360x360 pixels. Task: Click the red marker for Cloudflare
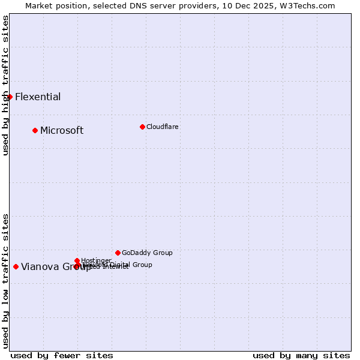tap(142, 127)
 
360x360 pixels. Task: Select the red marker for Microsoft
tap(35, 130)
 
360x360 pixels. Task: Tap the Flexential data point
tap(10, 97)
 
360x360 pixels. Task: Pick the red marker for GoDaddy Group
tap(118, 253)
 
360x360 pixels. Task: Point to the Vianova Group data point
tap(16, 266)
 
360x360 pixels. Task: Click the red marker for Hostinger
tap(77, 260)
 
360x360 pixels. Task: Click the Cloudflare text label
tap(163, 127)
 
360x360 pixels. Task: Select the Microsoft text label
tap(62, 131)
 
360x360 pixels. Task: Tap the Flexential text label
tap(38, 97)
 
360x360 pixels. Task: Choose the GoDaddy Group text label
tap(147, 253)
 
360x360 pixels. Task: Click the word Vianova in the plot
tap(40, 267)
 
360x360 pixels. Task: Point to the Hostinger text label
tap(96, 260)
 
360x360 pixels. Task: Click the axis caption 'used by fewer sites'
tap(62, 355)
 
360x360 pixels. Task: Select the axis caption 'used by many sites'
tap(301, 355)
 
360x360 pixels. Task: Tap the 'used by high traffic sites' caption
tap(6, 85)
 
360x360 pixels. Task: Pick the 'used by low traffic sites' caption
tap(6, 280)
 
